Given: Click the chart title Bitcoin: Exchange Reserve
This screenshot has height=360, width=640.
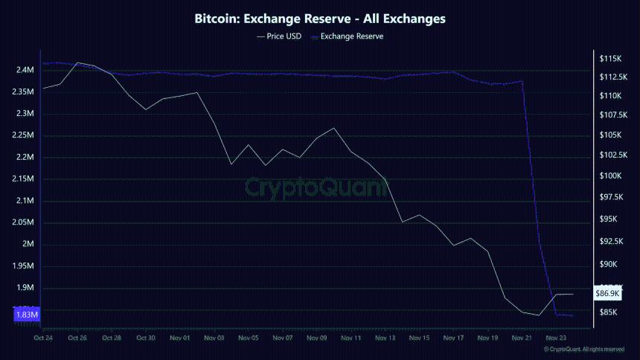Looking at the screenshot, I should point(319,18).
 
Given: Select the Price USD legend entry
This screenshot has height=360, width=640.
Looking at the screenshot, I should point(278,36).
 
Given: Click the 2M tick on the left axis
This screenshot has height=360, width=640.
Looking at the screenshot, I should point(28,245).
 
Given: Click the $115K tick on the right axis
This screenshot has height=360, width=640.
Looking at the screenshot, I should point(610,58).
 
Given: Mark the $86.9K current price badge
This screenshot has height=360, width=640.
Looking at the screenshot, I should point(608,294).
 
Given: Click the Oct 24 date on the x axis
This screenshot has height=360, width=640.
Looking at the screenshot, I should point(44,338).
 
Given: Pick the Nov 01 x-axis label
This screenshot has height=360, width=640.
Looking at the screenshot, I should point(180,338).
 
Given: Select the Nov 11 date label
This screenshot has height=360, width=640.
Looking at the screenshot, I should point(351,338).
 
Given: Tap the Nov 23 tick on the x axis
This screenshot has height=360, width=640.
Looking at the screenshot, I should point(557,338).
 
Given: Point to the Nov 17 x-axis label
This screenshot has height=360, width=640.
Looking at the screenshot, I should point(454,338).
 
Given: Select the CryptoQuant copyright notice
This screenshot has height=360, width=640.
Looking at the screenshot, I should point(583,349).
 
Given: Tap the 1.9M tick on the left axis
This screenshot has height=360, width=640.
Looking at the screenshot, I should point(25,288).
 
